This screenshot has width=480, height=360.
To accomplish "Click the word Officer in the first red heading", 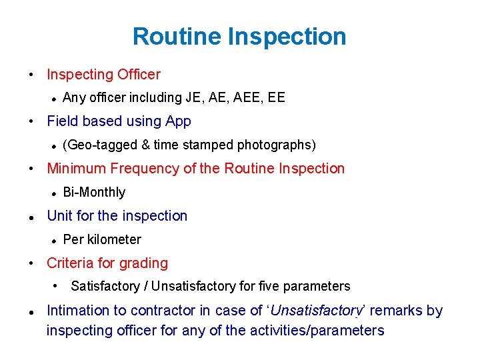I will [x=139, y=75].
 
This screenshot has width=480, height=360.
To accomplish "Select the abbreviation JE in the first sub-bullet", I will [x=193, y=98].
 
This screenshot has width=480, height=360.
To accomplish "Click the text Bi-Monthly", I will [x=94, y=193].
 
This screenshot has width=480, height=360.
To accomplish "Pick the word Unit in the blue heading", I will [x=59, y=216].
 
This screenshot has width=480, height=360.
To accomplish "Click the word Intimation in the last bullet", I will [x=78, y=311].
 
